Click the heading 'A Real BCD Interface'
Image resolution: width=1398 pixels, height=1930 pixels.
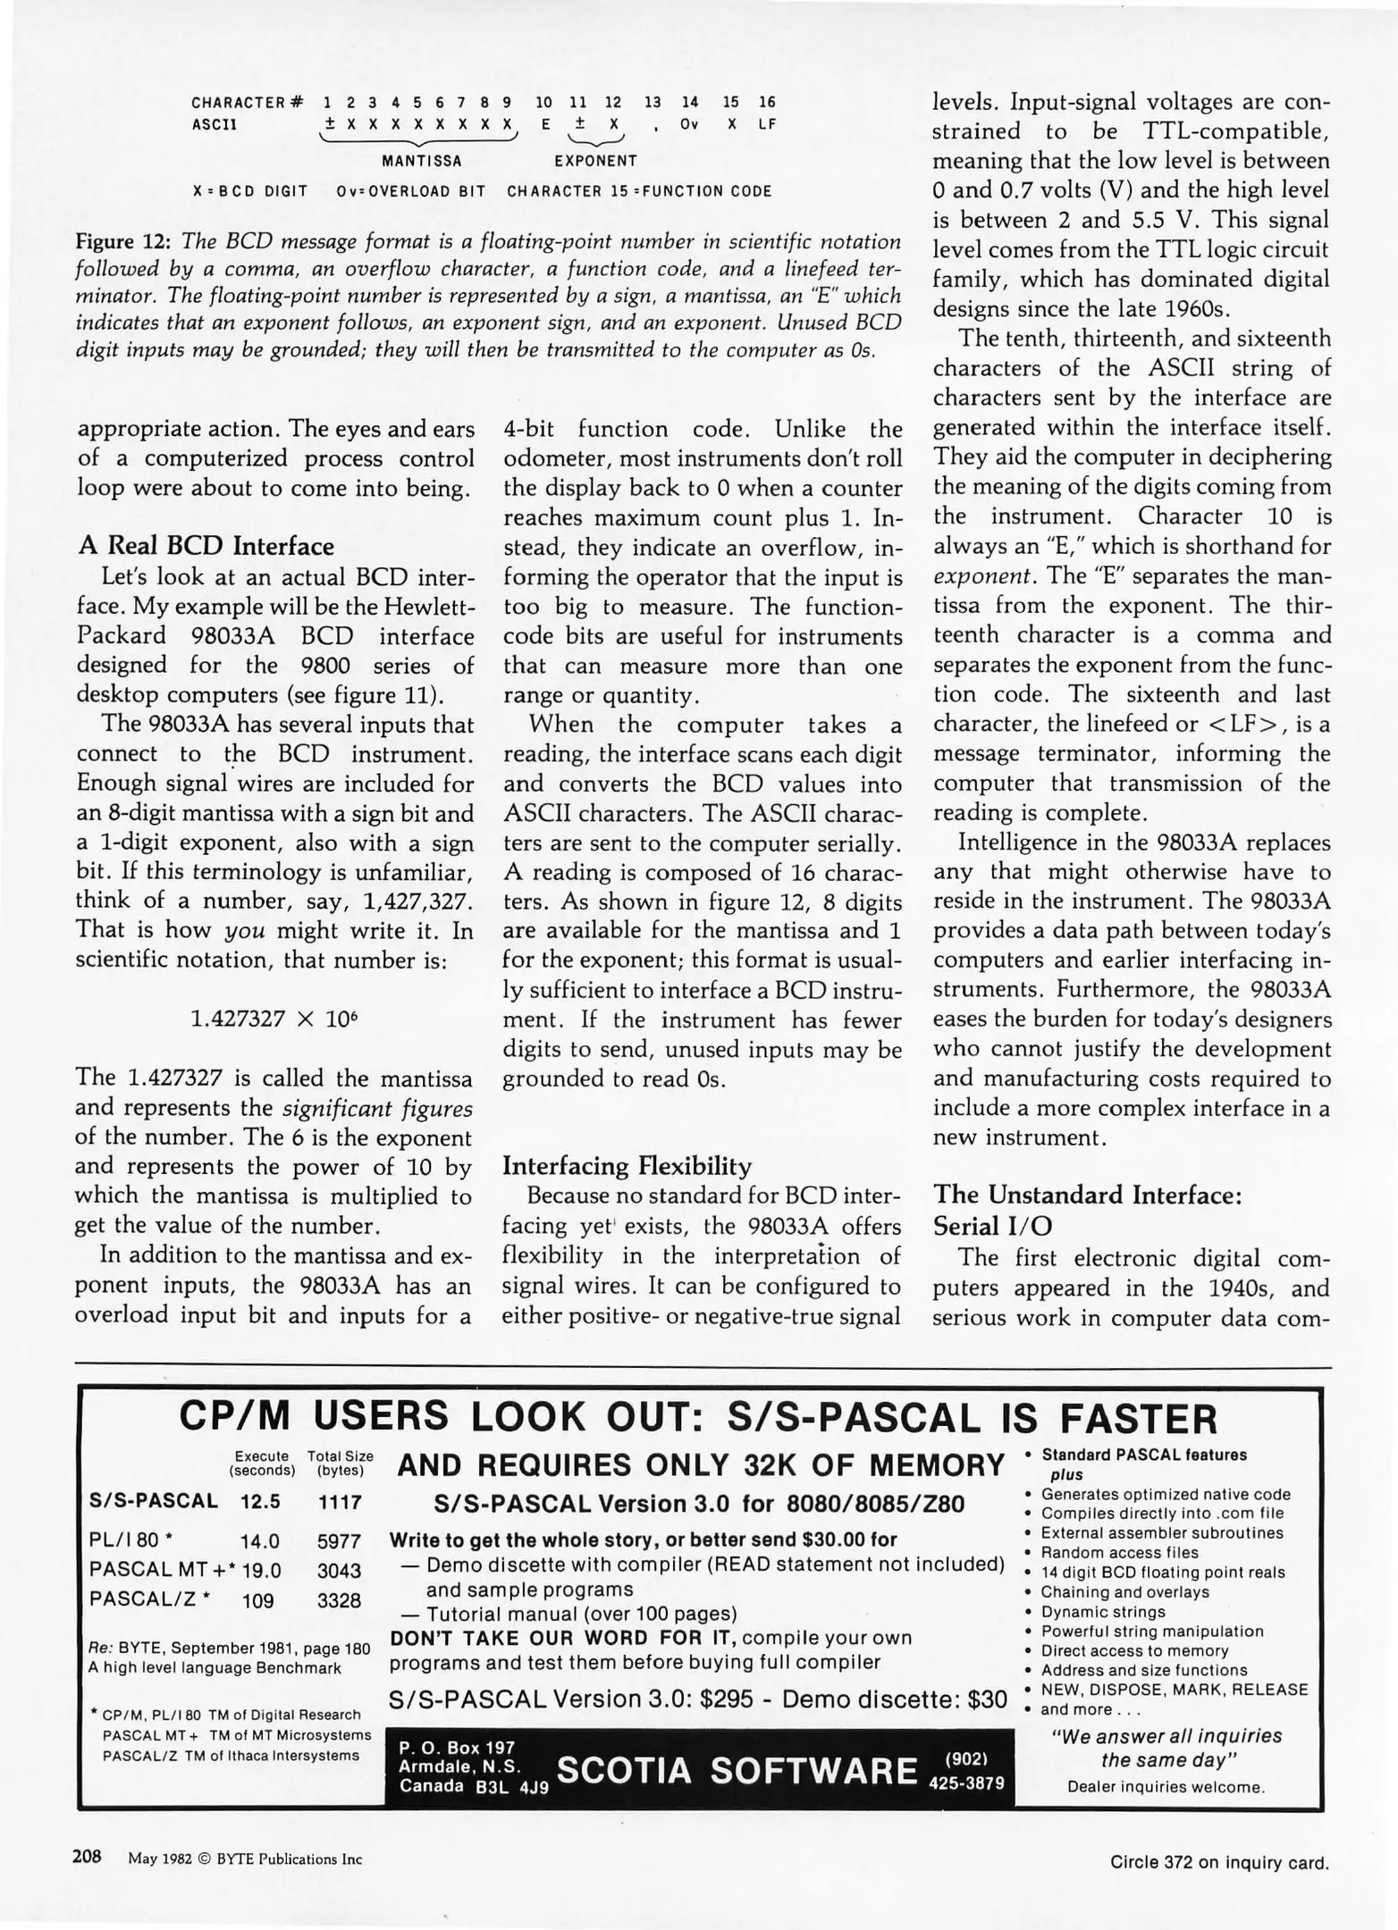[x=206, y=546]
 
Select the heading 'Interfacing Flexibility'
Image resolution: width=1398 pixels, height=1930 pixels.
[x=627, y=1166]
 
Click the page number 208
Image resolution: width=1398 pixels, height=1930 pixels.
[x=87, y=1857]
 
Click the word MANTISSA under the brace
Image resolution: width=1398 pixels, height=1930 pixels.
[x=421, y=162]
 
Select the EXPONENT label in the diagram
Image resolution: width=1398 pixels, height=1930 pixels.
[x=595, y=162]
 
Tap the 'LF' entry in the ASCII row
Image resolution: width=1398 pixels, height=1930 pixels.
[x=767, y=125]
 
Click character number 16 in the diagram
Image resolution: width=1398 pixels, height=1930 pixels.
[x=767, y=103]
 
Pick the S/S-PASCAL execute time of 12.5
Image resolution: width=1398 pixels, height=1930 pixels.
[x=260, y=1501]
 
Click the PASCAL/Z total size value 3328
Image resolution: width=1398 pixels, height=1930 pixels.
[x=339, y=1600]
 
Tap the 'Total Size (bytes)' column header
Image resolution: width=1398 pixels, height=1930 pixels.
[x=341, y=1463]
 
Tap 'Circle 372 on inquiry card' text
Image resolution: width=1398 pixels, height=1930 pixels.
[x=1218, y=1863]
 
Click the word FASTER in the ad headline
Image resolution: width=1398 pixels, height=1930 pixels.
[x=1139, y=1419]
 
